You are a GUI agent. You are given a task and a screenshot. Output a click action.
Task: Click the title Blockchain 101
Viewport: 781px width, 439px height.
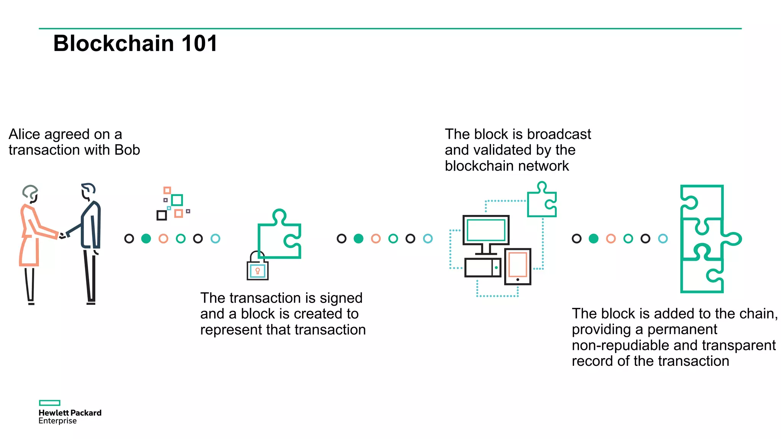135,43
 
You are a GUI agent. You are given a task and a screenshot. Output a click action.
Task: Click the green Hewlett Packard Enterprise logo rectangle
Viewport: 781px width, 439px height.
50,403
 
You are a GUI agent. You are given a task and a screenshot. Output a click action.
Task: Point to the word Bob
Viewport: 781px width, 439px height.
127,150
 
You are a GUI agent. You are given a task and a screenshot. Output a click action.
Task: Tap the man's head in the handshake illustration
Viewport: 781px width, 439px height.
88,191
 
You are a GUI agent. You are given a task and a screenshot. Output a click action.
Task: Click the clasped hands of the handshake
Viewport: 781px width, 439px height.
63,236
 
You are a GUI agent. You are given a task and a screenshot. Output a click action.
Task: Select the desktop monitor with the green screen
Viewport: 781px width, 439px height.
486,230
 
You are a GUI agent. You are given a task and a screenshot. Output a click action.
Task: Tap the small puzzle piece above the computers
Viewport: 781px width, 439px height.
542,201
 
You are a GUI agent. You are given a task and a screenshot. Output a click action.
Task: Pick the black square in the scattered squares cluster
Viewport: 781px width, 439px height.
162,215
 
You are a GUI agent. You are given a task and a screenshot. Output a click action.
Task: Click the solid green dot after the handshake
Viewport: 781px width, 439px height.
146,239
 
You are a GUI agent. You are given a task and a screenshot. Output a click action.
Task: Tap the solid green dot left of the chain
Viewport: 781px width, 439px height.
593,239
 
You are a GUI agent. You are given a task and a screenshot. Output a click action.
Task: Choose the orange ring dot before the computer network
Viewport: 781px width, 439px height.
376,239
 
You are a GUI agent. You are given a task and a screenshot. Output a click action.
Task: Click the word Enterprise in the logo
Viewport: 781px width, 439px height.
58,421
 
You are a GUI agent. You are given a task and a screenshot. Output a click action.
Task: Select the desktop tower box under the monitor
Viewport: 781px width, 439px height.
482,268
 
